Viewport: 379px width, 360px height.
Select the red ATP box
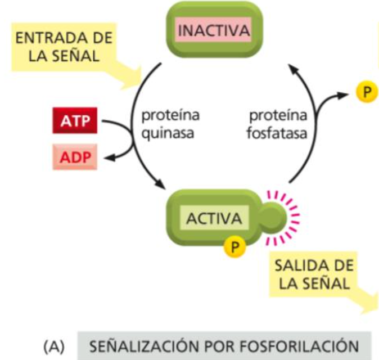(75, 121)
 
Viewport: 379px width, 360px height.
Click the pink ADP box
(75, 157)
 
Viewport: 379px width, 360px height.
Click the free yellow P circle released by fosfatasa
(366, 92)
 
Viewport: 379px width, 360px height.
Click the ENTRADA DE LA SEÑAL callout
(64, 47)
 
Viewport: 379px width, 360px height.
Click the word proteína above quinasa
(170, 116)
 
